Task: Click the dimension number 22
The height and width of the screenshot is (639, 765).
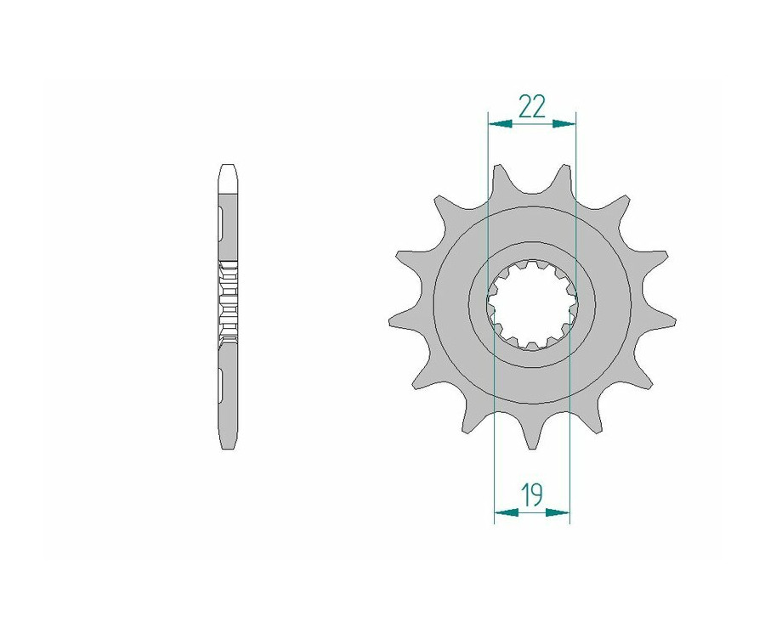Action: (532, 107)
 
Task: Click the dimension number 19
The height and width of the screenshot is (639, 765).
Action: (532, 495)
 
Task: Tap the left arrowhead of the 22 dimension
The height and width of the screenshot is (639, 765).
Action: (500, 124)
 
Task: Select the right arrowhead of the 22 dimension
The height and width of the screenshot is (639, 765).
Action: (564, 124)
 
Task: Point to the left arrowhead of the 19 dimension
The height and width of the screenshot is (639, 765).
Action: (507, 512)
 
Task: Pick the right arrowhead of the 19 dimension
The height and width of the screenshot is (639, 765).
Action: (558, 512)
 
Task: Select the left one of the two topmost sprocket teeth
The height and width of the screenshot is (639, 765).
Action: (499, 183)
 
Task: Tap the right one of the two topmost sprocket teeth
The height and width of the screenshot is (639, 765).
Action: (564, 183)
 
